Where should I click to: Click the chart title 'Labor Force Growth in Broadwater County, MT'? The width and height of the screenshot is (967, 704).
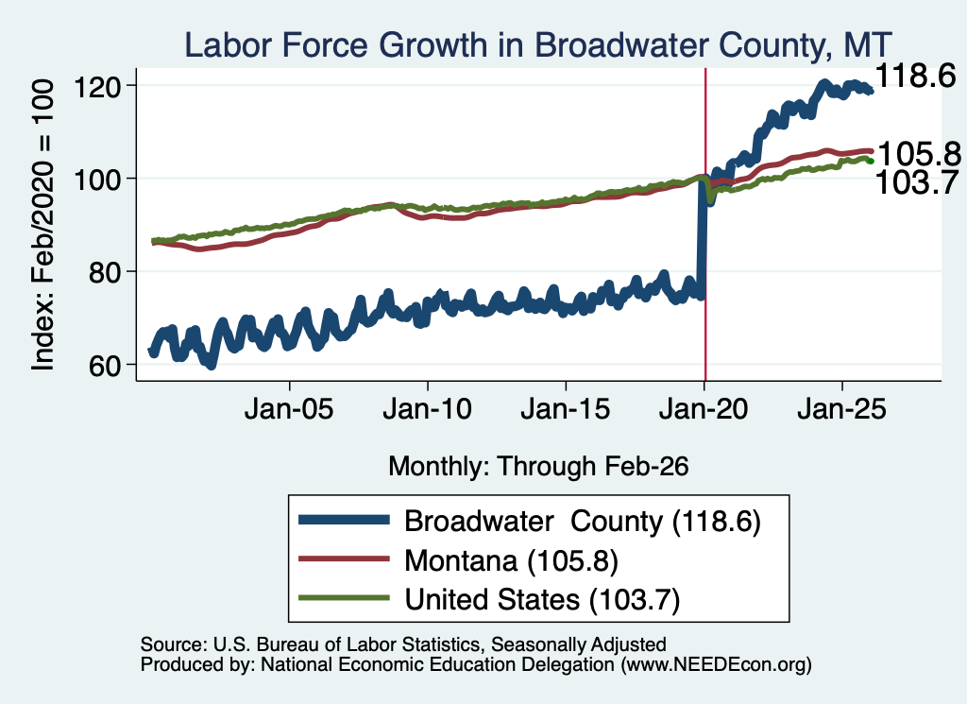pos(538,45)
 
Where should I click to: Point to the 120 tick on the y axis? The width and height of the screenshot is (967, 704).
pos(97,86)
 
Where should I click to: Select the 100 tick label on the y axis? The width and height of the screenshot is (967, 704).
pos(97,180)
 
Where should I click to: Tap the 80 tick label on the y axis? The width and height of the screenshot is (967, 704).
pos(104,272)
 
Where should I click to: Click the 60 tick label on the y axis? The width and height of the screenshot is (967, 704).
pos(104,366)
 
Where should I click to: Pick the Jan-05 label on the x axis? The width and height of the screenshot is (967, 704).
pos(289,408)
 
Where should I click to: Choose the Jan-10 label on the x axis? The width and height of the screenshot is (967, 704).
pos(428,408)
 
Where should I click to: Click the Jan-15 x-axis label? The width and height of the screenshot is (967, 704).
pos(566,408)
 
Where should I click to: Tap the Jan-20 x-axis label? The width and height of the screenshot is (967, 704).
pos(704,408)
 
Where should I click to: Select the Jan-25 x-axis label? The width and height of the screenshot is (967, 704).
pos(841,408)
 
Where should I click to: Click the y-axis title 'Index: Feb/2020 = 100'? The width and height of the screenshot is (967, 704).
pos(42,225)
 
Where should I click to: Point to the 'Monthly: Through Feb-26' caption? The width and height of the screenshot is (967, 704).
pos(538,467)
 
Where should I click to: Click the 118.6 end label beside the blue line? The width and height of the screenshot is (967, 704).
pos(915,76)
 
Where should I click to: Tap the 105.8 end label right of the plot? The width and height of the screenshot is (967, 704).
pos(919,154)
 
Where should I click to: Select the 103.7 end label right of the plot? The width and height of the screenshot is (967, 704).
pos(916,182)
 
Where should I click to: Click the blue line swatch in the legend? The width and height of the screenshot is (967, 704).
pos(344,520)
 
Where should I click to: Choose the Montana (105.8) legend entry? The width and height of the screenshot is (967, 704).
pos(511,560)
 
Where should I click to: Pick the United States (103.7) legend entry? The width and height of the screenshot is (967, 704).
pos(542,599)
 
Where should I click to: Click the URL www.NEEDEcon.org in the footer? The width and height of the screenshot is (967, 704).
pos(716,664)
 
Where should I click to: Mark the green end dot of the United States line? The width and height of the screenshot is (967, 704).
pos(870,161)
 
